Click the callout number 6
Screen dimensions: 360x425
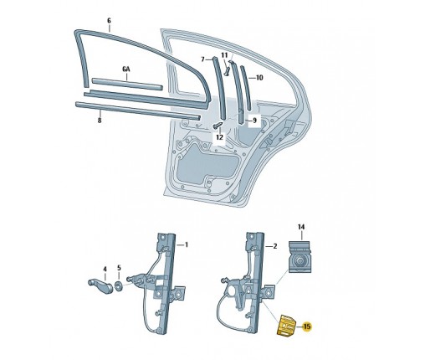(108, 18)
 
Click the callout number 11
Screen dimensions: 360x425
(223, 54)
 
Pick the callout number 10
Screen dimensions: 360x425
(259, 77)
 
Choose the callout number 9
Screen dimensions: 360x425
(255, 120)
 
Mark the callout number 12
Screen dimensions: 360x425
(218, 136)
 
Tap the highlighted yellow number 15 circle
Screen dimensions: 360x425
(307, 326)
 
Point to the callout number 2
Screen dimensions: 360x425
(274, 247)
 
